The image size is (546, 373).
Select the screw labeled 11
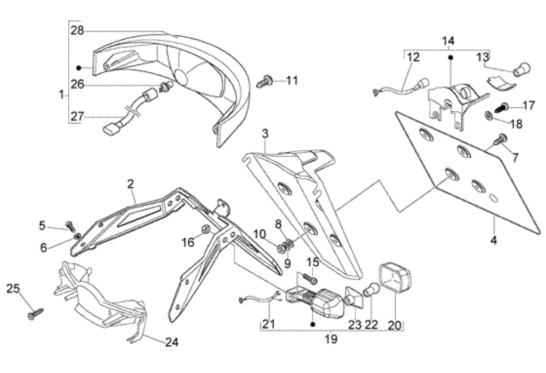point(264,82)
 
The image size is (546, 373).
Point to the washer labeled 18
point(488,115)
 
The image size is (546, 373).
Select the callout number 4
point(494,241)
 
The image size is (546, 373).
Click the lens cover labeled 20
point(395,278)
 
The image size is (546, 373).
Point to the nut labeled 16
point(205,230)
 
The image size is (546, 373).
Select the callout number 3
point(265,133)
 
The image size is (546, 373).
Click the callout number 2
point(131,185)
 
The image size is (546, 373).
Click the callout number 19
point(331,339)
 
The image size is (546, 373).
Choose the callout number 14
point(448,41)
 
